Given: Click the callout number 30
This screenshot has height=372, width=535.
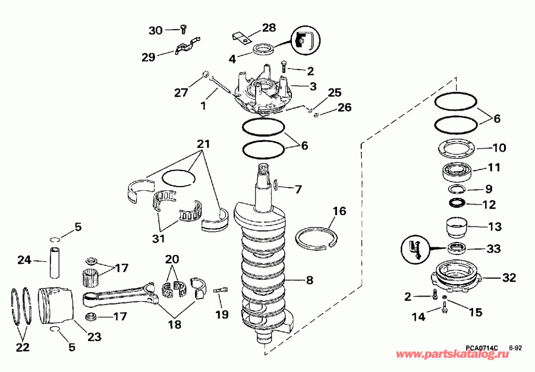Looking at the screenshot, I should click(155, 30).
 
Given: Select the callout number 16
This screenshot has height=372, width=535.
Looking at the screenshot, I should click(338, 211).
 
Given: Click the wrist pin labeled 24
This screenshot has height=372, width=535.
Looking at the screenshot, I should click(55, 261).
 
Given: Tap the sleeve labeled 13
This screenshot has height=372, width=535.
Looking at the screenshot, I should click(457, 229).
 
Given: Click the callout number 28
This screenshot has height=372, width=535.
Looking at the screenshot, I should click(269, 28).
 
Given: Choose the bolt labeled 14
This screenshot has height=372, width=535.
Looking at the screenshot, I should click(444, 307).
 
